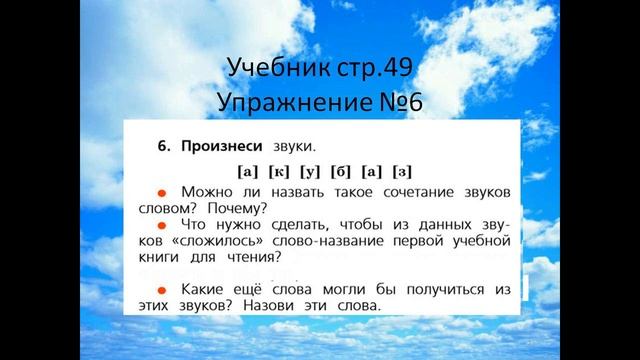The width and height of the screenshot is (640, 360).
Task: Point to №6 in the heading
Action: [412, 102]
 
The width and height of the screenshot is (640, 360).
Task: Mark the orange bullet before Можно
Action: [159, 190]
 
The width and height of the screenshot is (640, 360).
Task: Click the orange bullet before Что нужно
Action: [159, 225]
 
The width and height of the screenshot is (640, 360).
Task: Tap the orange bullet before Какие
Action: [159, 288]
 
